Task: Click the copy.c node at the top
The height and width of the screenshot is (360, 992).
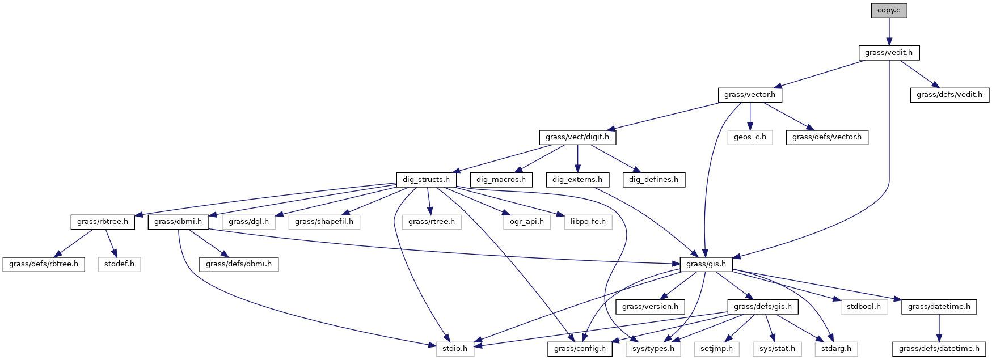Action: tap(889, 10)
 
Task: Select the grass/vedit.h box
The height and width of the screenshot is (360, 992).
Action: tap(889, 53)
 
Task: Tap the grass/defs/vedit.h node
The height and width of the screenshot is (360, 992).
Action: tap(949, 95)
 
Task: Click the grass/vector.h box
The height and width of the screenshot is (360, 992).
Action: tap(750, 95)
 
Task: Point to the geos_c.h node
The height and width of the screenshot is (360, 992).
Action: tap(750, 137)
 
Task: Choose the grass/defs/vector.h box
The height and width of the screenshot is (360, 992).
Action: tap(826, 137)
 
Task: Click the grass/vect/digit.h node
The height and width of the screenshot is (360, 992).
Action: tap(577, 137)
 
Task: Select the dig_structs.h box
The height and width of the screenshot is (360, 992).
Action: tap(426, 180)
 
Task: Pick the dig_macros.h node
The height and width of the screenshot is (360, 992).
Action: tap(501, 180)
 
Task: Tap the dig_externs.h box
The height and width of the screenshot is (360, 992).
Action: tap(577, 180)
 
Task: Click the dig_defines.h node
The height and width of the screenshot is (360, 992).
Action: tap(653, 180)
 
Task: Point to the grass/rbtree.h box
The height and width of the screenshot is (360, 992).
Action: tap(103, 222)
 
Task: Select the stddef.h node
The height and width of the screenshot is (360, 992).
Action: tap(119, 264)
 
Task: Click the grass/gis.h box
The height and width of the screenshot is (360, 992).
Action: tap(706, 264)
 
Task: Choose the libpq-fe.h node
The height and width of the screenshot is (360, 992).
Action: tap(588, 222)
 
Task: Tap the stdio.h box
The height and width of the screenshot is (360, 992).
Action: tap(455, 349)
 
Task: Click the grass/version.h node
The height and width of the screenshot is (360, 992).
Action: tap(650, 307)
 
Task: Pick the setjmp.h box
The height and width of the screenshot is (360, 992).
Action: tap(716, 349)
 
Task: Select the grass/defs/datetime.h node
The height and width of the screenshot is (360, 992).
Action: tap(939, 349)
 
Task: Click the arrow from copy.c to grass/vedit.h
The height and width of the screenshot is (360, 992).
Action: tap(889, 32)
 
